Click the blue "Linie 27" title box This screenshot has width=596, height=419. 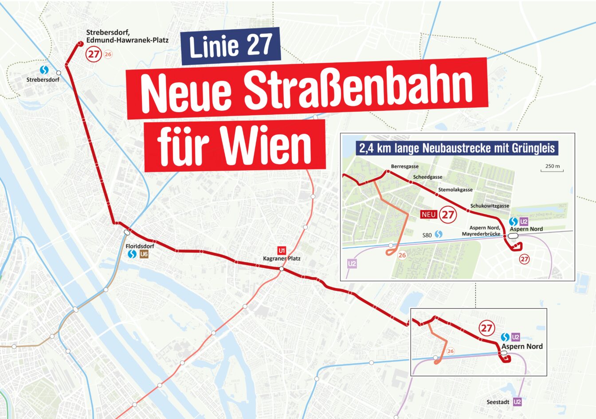click(x=231, y=46)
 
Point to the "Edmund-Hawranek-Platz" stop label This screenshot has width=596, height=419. click(x=127, y=40)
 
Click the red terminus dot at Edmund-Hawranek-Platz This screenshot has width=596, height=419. click(x=80, y=43)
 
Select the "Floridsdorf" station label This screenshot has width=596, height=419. click(x=140, y=246)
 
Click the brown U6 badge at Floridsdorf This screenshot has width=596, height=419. click(x=144, y=255)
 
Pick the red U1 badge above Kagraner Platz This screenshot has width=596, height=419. click(x=281, y=250)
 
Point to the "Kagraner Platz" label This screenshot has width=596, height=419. click(x=282, y=258)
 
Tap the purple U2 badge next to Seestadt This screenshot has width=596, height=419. click(x=517, y=402)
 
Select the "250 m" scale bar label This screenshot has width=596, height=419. click(x=552, y=167)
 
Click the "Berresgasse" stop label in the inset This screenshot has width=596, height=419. click(x=404, y=167)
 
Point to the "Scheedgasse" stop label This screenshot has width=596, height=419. click(x=427, y=177)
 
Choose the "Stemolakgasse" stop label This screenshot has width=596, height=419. click(x=455, y=190)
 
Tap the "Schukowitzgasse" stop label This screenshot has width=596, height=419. click(x=490, y=206)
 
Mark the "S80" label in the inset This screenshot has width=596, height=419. click(x=427, y=235)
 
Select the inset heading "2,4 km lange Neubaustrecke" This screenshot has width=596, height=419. click(x=457, y=148)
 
